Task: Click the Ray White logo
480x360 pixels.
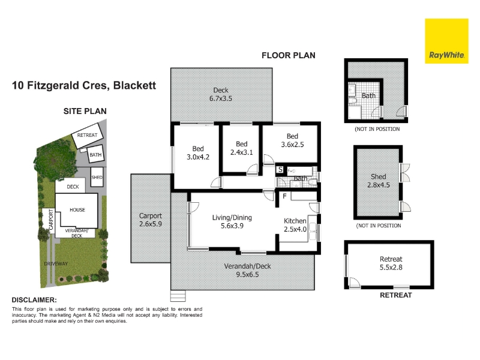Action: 446,41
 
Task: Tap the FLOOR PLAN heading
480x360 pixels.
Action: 289,55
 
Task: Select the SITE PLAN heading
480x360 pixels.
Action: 85,111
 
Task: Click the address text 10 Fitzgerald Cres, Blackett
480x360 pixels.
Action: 84,85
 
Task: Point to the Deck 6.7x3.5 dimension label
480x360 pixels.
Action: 221,94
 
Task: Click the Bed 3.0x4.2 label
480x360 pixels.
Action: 198,153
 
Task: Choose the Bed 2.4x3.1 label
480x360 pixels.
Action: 242,148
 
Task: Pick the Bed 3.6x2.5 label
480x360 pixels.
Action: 292,140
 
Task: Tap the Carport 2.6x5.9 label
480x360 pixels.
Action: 151,220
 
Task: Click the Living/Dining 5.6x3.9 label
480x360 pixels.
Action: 232,221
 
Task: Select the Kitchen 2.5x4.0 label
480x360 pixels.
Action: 295,225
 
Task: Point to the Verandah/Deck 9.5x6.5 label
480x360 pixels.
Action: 247,271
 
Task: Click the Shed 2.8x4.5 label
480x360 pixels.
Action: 379,181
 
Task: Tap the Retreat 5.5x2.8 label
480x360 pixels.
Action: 391,263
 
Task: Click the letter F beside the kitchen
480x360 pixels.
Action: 284,196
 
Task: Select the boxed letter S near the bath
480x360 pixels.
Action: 280,169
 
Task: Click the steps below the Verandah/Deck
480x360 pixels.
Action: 178,296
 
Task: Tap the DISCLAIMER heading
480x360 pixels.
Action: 34,300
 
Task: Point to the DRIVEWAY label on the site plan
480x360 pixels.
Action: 56,263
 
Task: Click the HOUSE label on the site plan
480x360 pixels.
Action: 77,209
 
